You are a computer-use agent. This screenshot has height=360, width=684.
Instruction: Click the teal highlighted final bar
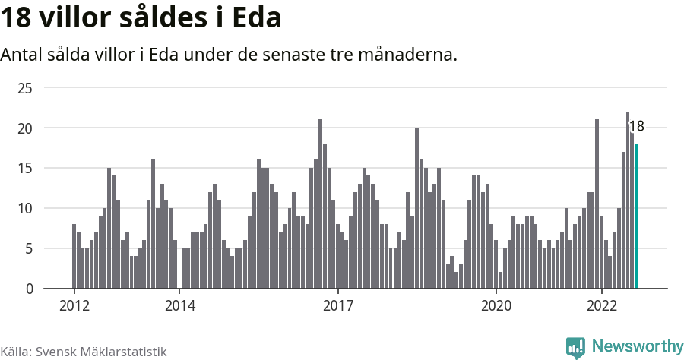click(x=637, y=216)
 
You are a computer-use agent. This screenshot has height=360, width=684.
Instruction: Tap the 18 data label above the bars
click(x=636, y=126)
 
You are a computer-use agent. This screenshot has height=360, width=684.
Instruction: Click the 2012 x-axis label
click(x=74, y=306)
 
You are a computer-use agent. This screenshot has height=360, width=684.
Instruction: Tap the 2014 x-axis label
click(x=180, y=306)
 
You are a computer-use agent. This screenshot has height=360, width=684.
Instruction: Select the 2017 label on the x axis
click(x=338, y=306)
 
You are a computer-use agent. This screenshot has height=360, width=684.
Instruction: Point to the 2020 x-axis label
click(x=496, y=306)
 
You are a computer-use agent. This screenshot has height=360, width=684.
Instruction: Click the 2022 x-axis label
click(x=602, y=306)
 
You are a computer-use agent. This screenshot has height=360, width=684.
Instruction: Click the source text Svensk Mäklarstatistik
click(x=101, y=352)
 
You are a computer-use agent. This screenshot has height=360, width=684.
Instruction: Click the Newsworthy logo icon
click(x=575, y=347)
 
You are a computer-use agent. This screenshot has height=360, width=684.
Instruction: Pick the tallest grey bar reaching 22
click(x=628, y=201)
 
